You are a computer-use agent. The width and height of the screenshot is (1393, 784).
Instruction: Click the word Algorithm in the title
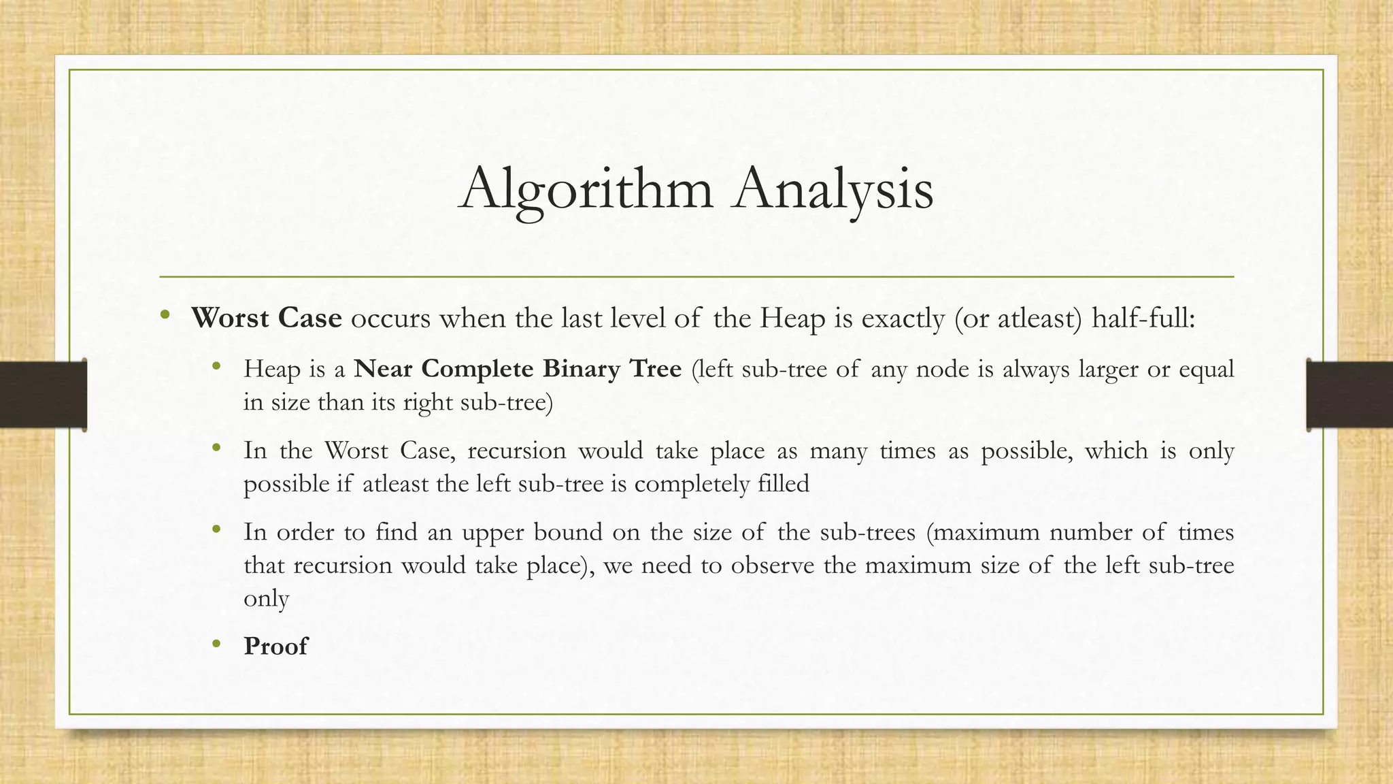click(x=586, y=189)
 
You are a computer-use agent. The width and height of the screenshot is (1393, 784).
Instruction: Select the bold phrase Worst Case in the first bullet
click(x=267, y=318)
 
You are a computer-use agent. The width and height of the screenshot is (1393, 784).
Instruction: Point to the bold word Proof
click(x=275, y=646)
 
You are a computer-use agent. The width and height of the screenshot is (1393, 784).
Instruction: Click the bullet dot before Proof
click(x=217, y=644)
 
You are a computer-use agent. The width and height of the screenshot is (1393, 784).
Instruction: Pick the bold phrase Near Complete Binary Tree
click(x=518, y=369)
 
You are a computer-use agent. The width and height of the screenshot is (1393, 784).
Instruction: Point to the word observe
click(x=772, y=566)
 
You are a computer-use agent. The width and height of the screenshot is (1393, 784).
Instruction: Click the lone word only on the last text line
click(x=266, y=599)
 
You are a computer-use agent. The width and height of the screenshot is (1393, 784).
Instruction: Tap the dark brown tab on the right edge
click(x=1349, y=395)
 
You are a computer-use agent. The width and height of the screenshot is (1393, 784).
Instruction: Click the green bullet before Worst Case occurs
click(x=164, y=315)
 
